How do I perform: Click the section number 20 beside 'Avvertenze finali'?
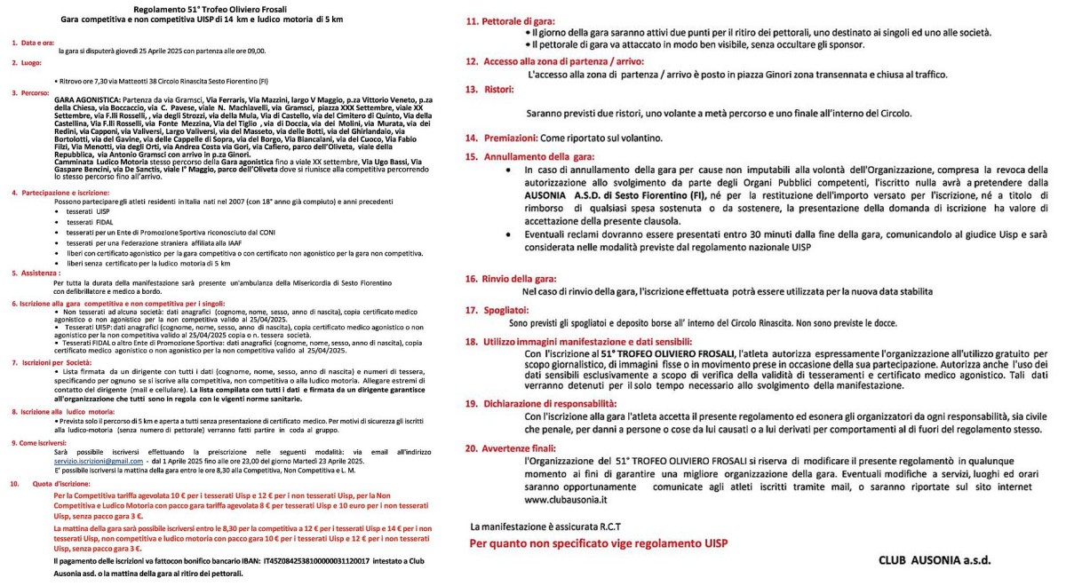coord(473,450)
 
